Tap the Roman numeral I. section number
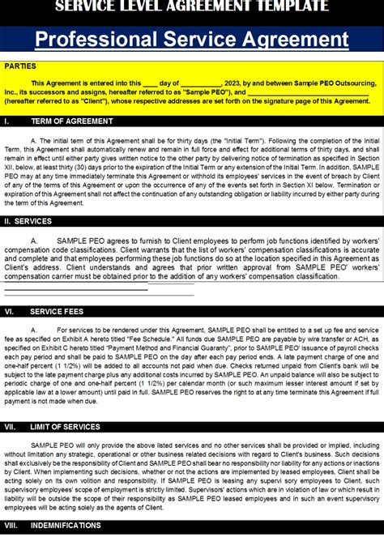pyautogui.click(x=6, y=120)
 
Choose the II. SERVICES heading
pyautogui.click(x=28, y=220)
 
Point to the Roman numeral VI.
pyautogui.click(x=9, y=311)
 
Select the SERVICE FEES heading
pyautogui.click(x=59, y=311)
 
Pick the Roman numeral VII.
pyautogui.click(x=11, y=426)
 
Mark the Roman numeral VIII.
pyautogui.click(x=11, y=525)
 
